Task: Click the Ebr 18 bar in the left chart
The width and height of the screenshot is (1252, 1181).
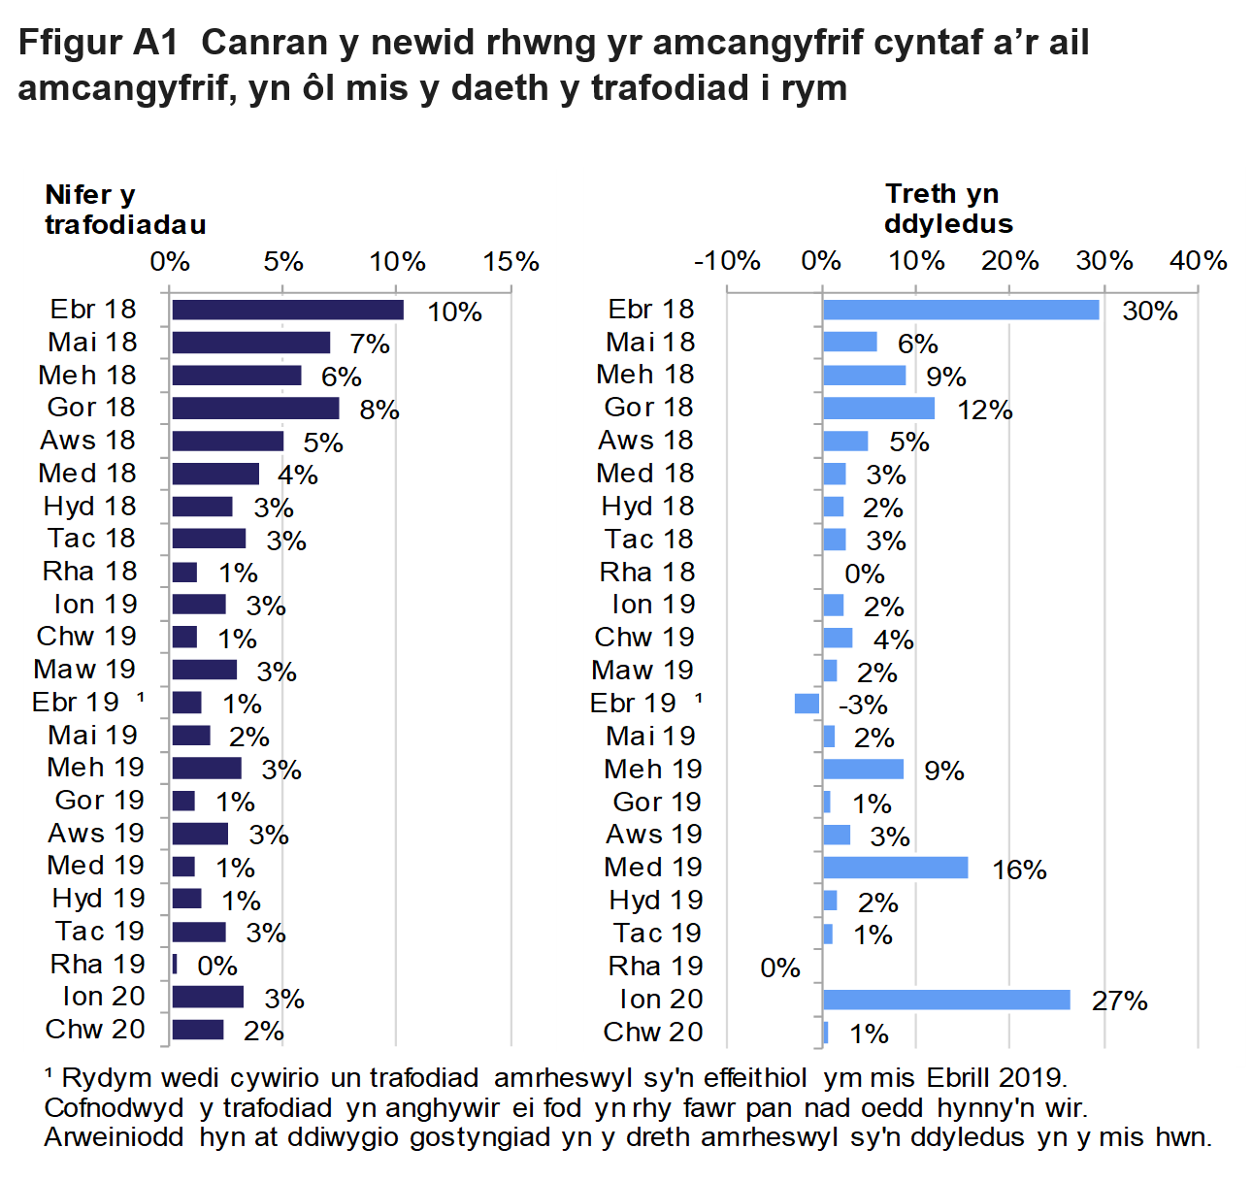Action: [287, 310]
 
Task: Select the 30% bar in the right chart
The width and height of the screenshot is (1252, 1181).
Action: [960, 310]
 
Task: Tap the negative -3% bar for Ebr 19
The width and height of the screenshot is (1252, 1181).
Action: [807, 704]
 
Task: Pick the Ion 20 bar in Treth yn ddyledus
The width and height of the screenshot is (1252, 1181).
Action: [945, 1000]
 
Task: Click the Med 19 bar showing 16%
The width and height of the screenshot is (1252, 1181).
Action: [895, 868]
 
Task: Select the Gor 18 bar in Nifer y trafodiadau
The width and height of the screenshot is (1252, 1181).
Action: [255, 408]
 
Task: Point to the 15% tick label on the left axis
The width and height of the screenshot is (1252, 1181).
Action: [511, 261]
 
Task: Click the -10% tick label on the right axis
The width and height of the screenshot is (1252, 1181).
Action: [727, 261]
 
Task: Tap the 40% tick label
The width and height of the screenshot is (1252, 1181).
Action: [1199, 261]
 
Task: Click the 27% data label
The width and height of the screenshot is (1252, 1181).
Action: [1119, 1001]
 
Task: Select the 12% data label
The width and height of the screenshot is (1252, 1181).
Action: [984, 410]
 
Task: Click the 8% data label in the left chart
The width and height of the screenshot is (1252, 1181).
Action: [379, 410]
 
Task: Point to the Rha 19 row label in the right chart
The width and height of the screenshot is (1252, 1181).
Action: [655, 967]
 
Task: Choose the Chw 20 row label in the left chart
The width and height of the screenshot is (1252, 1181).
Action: [95, 1030]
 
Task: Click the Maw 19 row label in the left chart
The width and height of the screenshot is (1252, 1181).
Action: [84, 670]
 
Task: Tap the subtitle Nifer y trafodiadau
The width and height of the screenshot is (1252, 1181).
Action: [125, 210]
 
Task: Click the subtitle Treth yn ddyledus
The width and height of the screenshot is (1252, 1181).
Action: [948, 209]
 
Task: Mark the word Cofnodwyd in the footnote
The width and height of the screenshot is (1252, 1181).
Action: [114, 1108]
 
